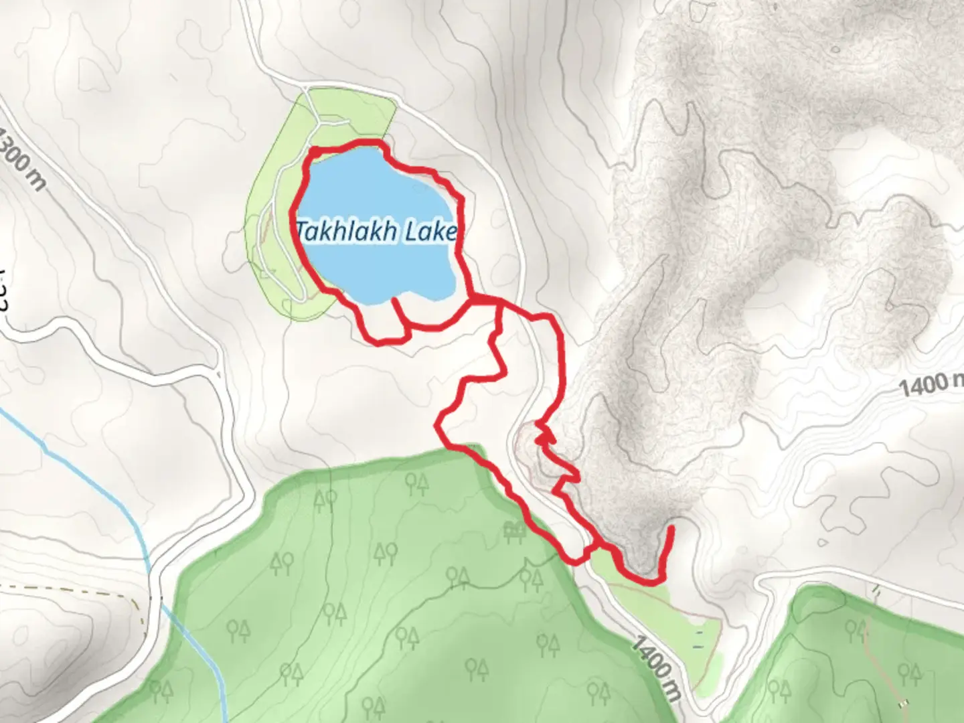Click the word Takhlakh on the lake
click(339, 231)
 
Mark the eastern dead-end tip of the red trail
click(671, 529)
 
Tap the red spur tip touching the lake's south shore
click(394, 301)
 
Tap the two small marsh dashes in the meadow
click(699, 639)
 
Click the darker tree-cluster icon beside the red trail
click(513, 532)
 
